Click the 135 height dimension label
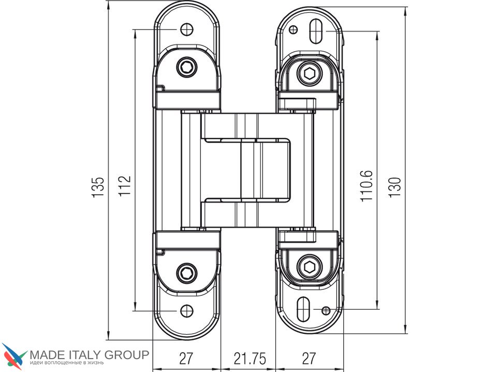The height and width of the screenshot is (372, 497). point(98,187)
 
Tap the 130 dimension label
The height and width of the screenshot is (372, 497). point(395,187)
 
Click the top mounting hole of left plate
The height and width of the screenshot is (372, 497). point(187,29)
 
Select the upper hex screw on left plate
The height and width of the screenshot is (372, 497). point(186,67)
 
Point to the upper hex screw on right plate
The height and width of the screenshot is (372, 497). point(310,74)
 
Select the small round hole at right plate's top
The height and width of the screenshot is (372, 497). point(294,29)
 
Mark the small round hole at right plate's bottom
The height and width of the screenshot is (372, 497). point(326,310)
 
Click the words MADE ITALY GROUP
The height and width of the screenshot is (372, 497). point(90,355)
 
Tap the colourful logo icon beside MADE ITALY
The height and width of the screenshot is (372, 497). point(14,356)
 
